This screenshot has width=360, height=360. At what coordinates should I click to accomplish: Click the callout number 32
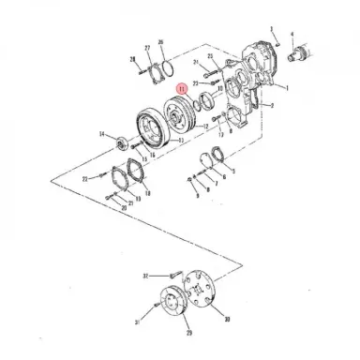145,276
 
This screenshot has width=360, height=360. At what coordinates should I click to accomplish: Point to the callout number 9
197,198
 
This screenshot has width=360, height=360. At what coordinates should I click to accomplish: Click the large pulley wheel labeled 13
149,125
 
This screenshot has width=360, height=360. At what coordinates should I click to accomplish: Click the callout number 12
205,126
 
